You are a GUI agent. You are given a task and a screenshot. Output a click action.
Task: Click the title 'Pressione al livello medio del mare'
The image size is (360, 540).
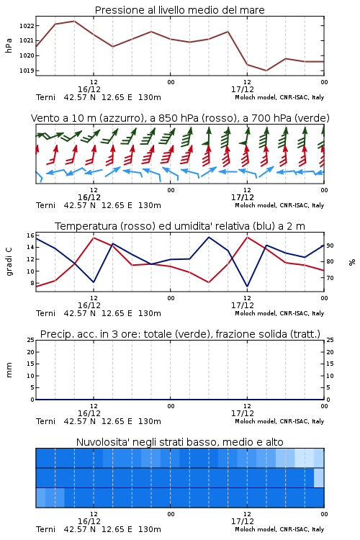(179, 10)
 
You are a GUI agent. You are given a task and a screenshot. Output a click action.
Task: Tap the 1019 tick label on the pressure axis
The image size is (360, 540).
(27, 71)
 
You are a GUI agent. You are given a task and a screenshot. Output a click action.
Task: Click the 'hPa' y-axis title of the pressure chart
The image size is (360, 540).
(9, 45)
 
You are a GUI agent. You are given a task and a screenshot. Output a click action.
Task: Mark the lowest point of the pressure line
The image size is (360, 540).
(266, 71)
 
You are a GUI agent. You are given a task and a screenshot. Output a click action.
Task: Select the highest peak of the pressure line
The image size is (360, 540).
(74, 21)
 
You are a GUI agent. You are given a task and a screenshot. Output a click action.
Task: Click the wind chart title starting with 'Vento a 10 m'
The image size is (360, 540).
(180, 118)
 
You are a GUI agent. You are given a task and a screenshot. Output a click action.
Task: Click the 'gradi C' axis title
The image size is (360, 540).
(9, 262)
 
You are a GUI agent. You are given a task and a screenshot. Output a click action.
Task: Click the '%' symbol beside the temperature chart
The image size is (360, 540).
(352, 262)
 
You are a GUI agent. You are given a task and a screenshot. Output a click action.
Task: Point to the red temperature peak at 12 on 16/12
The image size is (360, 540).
(94, 238)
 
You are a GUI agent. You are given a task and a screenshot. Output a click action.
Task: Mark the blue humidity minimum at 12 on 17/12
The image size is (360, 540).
(247, 286)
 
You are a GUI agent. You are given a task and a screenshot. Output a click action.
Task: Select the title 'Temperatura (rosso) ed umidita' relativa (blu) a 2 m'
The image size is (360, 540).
(180, 226)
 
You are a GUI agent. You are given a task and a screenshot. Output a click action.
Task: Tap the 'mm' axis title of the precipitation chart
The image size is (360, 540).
(9, 370)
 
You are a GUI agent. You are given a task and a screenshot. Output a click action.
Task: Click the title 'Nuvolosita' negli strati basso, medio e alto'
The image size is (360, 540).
(179, 442)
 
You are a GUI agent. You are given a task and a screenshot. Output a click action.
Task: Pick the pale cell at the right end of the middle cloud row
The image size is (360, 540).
(319, 477)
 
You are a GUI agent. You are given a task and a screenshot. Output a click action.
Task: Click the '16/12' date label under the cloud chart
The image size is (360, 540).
(89, 521)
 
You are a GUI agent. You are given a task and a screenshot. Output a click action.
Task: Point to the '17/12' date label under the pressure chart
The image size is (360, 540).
(243, 89)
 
